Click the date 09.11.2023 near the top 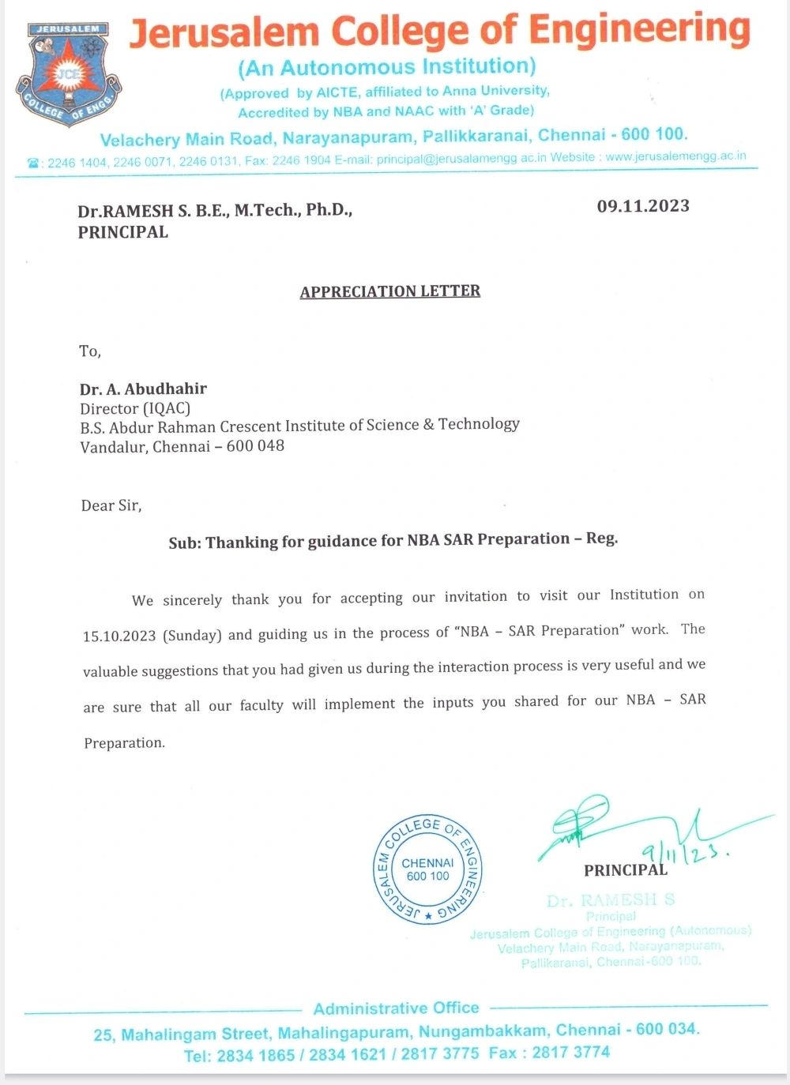[x=643, y=206]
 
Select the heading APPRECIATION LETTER [x=390, y=291]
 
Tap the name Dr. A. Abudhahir [x=143, y=389]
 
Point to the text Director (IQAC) [x=135, y=408]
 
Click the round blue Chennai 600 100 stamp [x=427, y=869]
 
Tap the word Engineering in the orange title [x=639, y=31]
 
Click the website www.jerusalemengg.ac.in [x=675, y=156]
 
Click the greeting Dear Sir [x=111, y=505]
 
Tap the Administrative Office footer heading [x=396, y=1008]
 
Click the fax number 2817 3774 [x=570, y=1052]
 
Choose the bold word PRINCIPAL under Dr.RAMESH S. [x=122, y=232]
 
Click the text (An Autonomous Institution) [x=387, y=67]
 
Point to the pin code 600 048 [x=255, y=446]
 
